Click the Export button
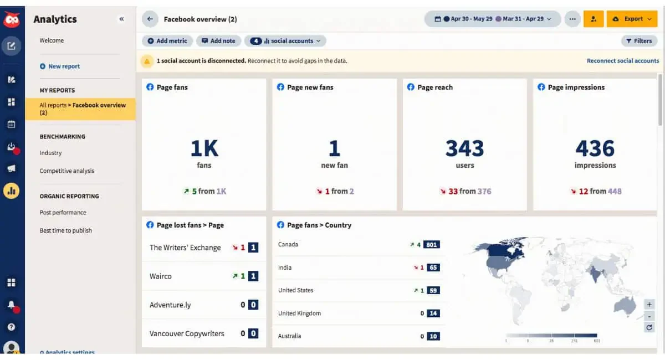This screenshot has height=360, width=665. click(x=632, y=19)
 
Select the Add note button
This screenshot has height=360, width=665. click(x=218, y=41)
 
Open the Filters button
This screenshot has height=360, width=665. click(x=639, y=41)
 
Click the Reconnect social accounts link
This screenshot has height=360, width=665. click(x=622, y=61)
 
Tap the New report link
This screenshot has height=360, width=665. click(x=60, y=66)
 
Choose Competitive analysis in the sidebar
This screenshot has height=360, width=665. click(x=67, y=171)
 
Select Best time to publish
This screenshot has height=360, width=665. click(x=65, y=230)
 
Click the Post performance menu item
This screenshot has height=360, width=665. click(x=63, y=213)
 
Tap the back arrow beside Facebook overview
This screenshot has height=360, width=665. click(x=150, y=19)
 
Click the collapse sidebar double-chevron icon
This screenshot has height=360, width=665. click(x=121, y=19)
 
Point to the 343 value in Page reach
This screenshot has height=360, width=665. click(x=464, y=148)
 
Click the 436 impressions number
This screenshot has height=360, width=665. click(x=595, y=148)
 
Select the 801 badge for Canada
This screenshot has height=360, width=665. click(x=432, y=245)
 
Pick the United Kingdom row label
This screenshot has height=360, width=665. click(x=299, y=313)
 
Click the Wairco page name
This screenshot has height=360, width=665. click(x=161, y=276)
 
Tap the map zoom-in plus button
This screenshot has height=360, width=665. click(x=649, y=305)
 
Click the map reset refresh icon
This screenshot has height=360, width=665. click(x=649, y=327)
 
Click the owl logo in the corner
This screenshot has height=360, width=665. click(x=12, y=19)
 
